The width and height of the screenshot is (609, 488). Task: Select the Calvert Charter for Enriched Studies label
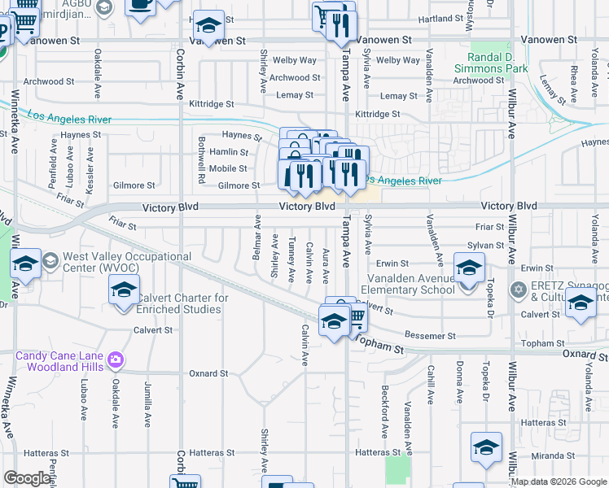click(181, 303)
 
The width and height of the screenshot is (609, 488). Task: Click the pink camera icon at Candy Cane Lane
click(116, 359)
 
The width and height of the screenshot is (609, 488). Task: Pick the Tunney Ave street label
click(291, 252)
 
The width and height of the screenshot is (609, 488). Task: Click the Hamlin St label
click(229, 152)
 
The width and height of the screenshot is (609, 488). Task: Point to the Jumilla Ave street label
click(148, 404)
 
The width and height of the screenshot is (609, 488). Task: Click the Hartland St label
click(423, 18)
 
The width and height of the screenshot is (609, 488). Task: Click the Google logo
click(27, 478)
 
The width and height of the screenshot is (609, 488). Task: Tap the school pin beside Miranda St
click(487, 448)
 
